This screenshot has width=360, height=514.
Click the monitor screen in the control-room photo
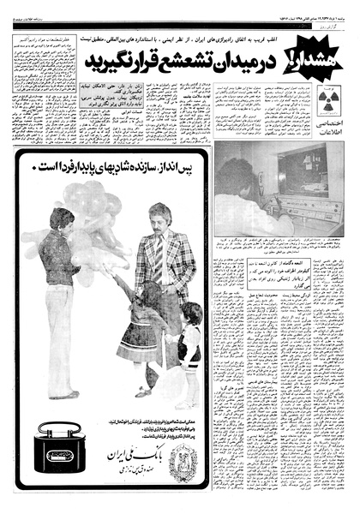303,174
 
